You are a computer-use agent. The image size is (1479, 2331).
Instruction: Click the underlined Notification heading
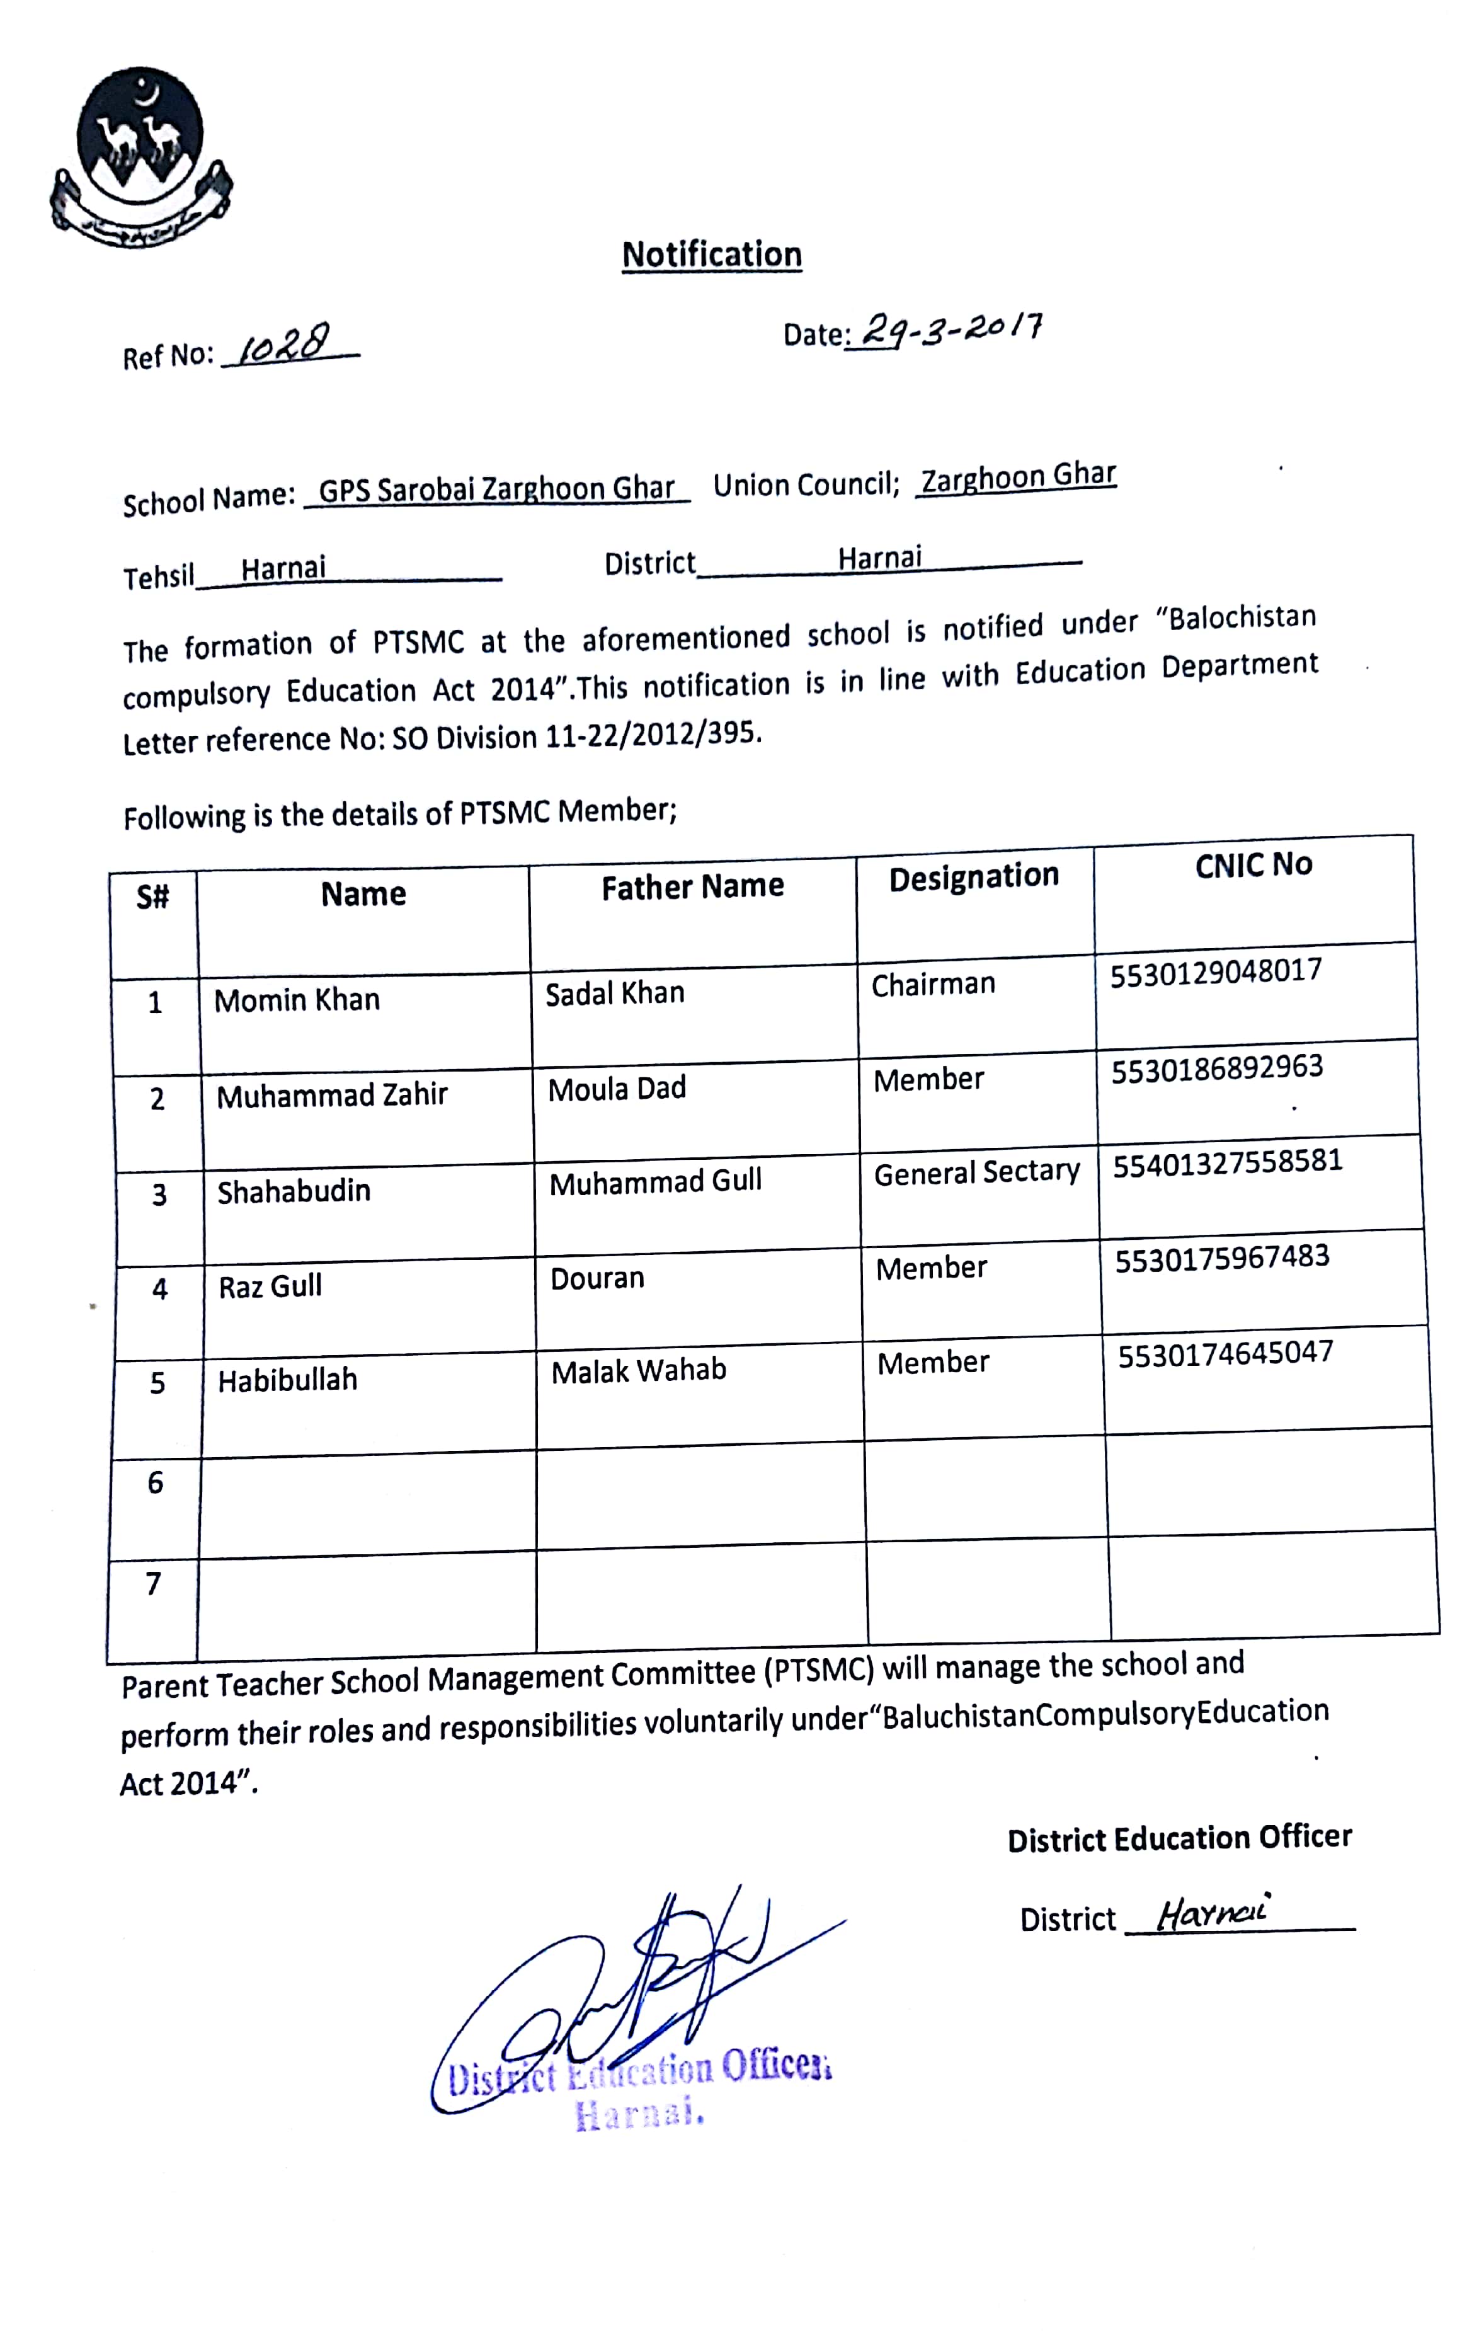point(711,255)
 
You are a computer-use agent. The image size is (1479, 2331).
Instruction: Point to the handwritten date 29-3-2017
point(951,331)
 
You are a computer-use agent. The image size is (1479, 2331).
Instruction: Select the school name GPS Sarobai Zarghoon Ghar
point(496,490)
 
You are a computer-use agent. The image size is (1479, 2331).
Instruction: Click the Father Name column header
point(692,886)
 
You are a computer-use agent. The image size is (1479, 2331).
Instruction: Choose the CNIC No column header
point(1253,864)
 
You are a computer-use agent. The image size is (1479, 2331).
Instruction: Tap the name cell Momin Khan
point(297,1000)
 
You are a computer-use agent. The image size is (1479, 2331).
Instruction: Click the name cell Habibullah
point(287,1380)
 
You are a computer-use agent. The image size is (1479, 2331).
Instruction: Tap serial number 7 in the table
point(153,1584)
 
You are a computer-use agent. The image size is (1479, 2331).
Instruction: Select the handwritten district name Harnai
point(1212,1913)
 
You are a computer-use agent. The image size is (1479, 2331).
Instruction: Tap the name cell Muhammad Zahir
point(332,1096)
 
